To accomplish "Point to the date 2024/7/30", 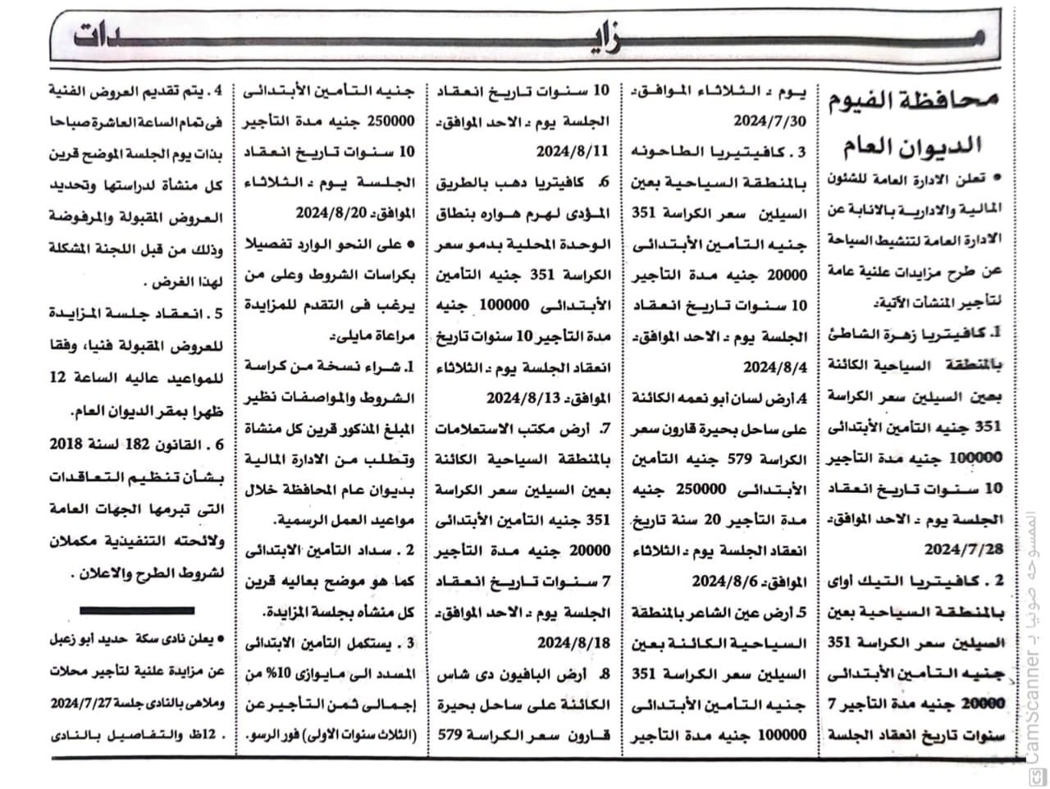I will click(771, 121).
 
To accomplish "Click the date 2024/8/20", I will click(329, 213).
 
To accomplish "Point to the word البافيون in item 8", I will click(540, 673).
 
